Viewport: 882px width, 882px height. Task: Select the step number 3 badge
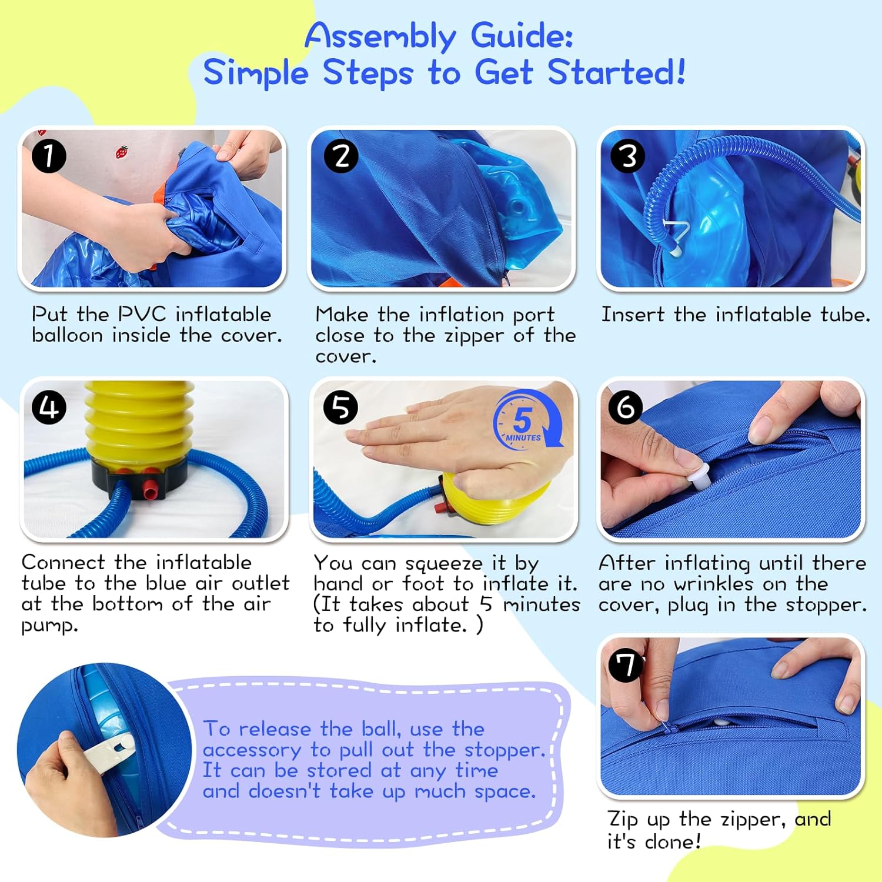(x=628, y=156)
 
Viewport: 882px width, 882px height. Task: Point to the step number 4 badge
(x=49, y=407)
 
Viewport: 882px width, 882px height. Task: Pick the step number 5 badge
(x=341, y=407)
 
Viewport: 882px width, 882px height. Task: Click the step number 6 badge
(x=626, y=406)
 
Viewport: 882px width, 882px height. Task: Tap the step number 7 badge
(x=626, y=664)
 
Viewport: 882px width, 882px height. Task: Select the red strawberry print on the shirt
(x=121, y=153)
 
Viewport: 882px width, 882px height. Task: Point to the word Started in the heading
(x=616, y=73)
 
